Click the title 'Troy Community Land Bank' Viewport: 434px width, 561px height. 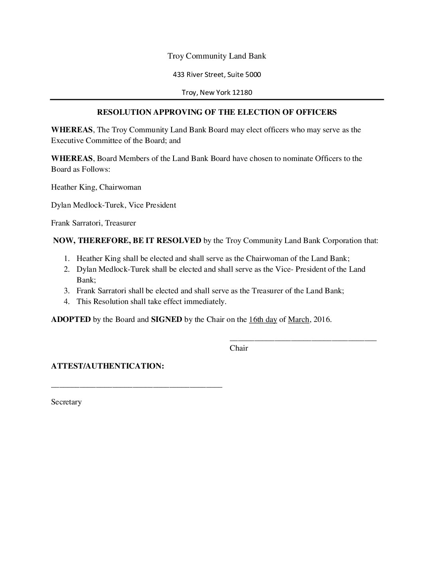tap(217, 56)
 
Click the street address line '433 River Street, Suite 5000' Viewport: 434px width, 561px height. tap(217, 75)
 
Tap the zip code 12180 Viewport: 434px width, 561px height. tap(243, 93)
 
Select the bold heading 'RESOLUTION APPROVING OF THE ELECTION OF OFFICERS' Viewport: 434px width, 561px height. tap(217, 112)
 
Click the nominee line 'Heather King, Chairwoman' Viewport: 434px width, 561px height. tap(96, 187)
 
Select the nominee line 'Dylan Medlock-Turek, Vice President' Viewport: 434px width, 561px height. tap(113, 205)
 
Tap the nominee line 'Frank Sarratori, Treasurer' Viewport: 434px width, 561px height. tap(93, 223)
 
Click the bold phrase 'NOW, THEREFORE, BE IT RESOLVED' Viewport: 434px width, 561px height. tap(127, 241)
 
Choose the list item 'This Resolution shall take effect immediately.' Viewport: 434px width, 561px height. tap(151, 302)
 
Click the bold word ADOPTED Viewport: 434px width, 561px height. tap(71, 320)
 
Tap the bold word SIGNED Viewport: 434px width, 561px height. tap(166, 320)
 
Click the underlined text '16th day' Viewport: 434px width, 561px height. tap(262, 320)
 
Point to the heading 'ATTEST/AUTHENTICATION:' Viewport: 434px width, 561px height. tap(107, 366)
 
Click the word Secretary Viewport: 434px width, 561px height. tap(66, 402)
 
